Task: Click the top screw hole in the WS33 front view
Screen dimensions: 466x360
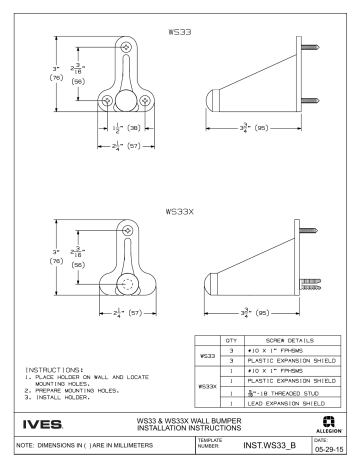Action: (125, 48)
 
